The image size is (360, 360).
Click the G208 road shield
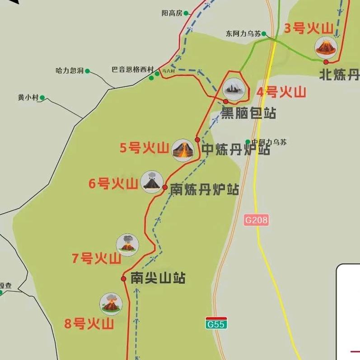(x=257, y=220)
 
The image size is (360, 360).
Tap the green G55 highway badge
(x=216, y=323)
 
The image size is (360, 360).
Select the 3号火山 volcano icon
(x=326, y=47)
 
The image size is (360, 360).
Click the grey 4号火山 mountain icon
(x=234, y=89)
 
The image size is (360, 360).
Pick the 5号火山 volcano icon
(x=183, y=150)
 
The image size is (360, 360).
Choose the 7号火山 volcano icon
(x=128, y=245)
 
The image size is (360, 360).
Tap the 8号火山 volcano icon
(x=111, y=304)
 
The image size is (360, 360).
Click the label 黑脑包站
(x=248, y=112)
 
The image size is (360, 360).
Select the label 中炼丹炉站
(x=236, y=150)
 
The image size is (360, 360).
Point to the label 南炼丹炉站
(x=204, y=190)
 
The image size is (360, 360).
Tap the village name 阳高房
(x=172, y=13)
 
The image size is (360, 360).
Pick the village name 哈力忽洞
(x=70, y=70)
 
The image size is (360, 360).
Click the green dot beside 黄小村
(x=42, y=98)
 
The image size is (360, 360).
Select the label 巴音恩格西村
(x=133, y=70)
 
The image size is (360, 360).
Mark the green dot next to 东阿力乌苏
(x=264, y=33)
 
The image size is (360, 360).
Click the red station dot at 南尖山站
(x=124, y=279)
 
